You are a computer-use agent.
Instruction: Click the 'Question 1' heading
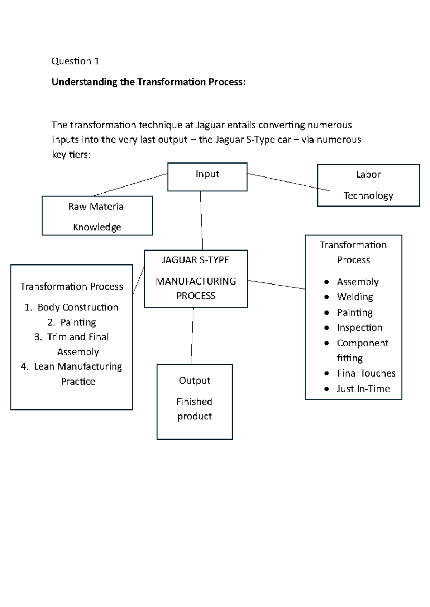click(x=75, y=61)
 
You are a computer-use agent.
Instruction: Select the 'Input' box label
click(x=207, y=174)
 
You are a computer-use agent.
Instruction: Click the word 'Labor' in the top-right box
click(x=368, y=174)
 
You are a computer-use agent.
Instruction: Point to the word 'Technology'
click(x=368, y=195)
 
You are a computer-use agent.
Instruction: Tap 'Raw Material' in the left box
click(x=97, y=207)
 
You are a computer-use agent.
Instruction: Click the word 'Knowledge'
click(x=97, y=227)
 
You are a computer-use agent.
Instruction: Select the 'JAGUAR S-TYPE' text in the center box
click(x=196, y=260)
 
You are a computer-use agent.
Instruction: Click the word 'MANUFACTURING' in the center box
click(x=196, y=281)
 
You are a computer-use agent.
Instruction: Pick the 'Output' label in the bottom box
click(x=195, y=380)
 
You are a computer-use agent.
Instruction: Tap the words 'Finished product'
click(x=195, y=409)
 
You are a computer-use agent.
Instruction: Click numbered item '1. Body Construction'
click(x=72, y=307)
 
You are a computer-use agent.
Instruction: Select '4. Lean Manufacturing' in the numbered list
click(x=72, y=366)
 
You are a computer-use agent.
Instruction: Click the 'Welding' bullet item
click(x=355, y=297)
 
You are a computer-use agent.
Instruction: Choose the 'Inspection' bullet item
click(x=359, y=327)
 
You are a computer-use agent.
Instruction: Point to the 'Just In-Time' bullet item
click(x=363, y=389)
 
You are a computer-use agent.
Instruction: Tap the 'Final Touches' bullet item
click(x=366, y=373)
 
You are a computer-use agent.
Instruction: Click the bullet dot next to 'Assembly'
click(x=326, y=282)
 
